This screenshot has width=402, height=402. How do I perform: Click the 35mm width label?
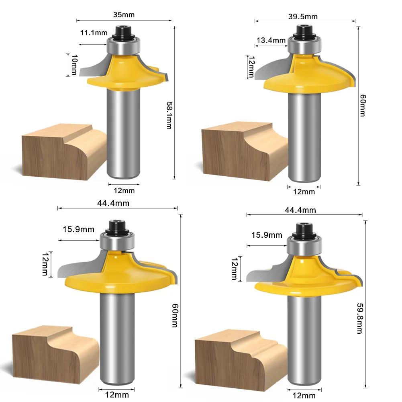click(124, 14)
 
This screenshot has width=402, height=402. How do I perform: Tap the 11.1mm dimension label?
click(94, 33)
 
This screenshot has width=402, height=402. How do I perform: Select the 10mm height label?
click(74, 65)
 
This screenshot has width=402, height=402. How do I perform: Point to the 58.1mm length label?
click(169, 115)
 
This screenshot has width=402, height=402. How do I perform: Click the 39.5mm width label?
click(303, 16)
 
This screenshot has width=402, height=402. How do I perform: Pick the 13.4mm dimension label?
click(271, 40)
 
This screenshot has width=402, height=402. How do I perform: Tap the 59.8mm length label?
click(360, 318)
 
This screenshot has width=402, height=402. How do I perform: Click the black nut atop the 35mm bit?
click(123, 32)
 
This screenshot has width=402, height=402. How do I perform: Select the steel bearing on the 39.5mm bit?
click(304, 45)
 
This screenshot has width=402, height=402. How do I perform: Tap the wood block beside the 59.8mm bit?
click(241, 360)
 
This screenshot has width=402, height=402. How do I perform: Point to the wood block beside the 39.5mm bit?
click(245, 151)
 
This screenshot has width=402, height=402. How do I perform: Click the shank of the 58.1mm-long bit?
click(123, 133)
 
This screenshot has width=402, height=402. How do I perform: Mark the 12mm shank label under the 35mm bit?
click(124, 190)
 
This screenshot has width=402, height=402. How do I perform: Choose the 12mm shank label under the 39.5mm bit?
click(304, 192)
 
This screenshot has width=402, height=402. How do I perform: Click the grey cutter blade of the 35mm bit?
click(94, 67)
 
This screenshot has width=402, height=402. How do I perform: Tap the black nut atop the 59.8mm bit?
click(304, 230)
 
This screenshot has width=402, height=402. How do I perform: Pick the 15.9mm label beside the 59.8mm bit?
click(267, 235)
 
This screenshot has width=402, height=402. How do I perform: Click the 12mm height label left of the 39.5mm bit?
click(251, 67)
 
